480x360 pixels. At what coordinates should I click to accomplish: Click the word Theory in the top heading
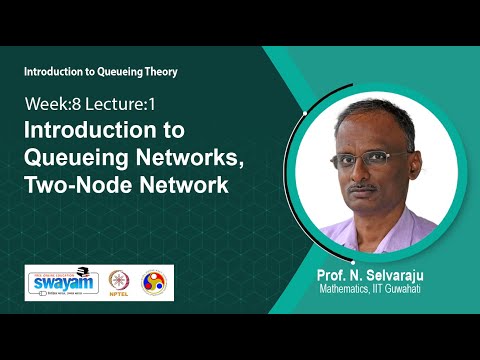click(x=156, y=73)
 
